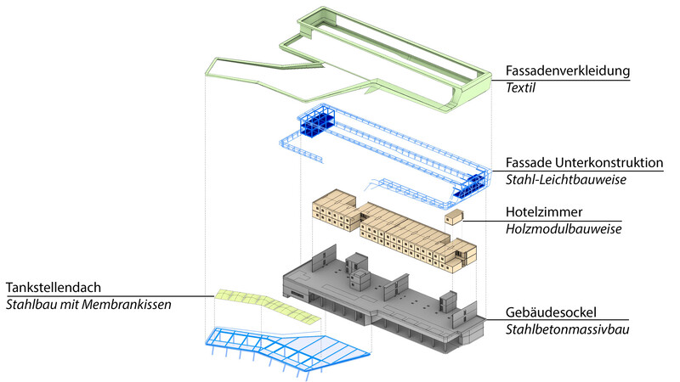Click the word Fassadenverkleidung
click(567, 70)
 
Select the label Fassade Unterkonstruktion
click(584, 162)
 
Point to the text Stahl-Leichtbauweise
click(561, 180)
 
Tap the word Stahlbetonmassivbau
click(568, 329)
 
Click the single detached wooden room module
click(454, 217)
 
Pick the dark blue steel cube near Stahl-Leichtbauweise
click(471, 180)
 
